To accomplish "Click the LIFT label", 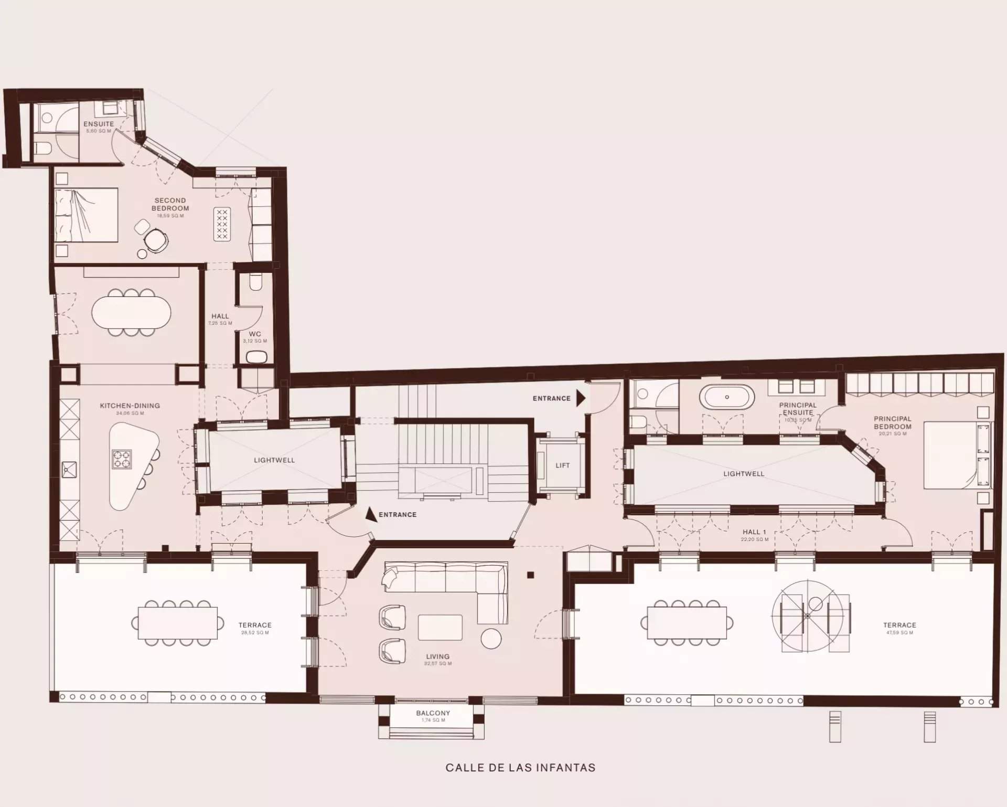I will (x=562, y=465).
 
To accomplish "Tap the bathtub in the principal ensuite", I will (x=726, y=397).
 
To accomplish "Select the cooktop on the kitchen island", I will (x=122, y=459).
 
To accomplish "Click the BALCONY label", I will (x=433, y=713).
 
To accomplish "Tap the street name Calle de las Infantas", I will (x=520, y=768).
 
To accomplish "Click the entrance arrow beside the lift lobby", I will (x=581, y=398).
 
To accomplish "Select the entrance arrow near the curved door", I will (x=371, y=514).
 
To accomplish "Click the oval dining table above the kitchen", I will (x=131, y=313).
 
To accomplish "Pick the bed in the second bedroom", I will (x=87, y=215).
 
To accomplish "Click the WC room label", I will (x=255, y=334).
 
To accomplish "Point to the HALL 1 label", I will (x=754, y=532).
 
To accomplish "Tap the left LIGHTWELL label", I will (x=274, y=460).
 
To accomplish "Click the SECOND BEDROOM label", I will (x=170, y=204).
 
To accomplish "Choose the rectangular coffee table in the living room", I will (x=440, y=628).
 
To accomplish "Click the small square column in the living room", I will (x=530, y=575).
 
